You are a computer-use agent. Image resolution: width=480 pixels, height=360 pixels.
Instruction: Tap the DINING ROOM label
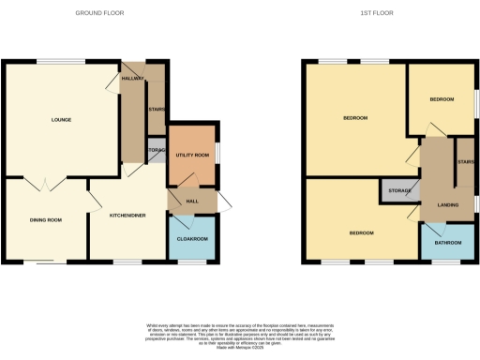(x=46, y=219)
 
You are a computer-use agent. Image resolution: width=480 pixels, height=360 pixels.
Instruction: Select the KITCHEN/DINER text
(x=127, y=215)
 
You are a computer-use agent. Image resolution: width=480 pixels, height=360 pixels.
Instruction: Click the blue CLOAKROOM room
(x=191, y=238)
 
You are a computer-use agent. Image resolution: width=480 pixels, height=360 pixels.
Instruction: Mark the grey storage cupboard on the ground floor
(x=156, y=150)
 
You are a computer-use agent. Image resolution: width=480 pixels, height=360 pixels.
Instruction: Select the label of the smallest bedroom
(x=442, y=99)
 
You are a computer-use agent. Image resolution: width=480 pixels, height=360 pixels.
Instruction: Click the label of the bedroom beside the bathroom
(x=361, y=232)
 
